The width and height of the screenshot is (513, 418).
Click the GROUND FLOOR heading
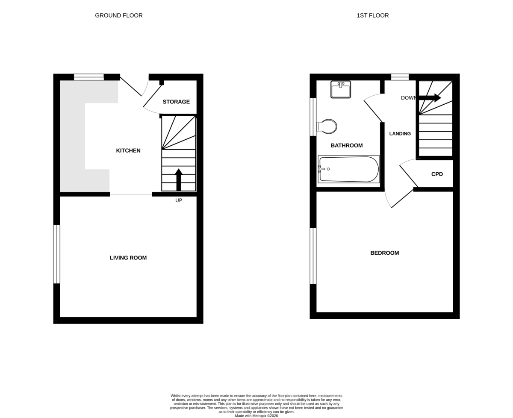pyautogui.click(x=119, y=15)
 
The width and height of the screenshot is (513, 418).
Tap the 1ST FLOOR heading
pyautogui.click(x=373, y=15)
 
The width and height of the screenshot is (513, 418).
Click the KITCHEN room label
pyautogui.click(x=128, y=150)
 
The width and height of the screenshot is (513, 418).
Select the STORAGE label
pyautogui.click(x=176, y=102)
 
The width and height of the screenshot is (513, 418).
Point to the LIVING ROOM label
pyautogui.click(x=128, y=258)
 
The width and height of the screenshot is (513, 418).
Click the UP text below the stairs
pyautogui.click(x=178, y=200)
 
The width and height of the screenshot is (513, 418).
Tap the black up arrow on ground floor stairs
pyautogui.click(x=178, y=180)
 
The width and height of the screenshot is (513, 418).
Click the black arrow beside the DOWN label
pyautogui.click(x=430, y=98)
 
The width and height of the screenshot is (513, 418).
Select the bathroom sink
pyautogui.click(x=341, y=89)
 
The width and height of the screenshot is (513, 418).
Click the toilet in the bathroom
pyautogui.click(x=327, y=127)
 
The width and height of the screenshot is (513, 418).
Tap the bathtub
pyautogui.click(x=348, y=169)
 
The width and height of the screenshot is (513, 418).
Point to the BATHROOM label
pyautogui.click(x=347, y=145)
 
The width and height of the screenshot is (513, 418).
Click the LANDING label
pyautogui.click(x=400, y=134)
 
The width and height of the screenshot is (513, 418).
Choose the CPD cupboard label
pyautogui.click(x=437, y=174)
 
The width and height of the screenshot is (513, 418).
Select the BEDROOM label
pyautogui.click(x=385, y=253)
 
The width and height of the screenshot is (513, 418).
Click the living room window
pyautogui.click(x=56, y=254)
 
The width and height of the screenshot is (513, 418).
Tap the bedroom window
pyautogui.click(x=313, y=256)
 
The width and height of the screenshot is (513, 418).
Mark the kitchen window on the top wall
pyautogui.click(x=88, y=77)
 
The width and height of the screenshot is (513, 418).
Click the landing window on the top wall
pyautogui.click(x=400, y=77)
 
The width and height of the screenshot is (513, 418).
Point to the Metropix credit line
pyautogui.click(x=256, y=416)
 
